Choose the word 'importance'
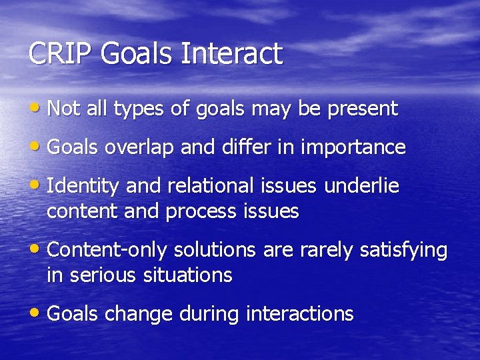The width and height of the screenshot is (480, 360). coord(353,147)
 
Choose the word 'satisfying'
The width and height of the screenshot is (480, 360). coord(403,251)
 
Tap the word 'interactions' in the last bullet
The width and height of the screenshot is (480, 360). coord(300,313)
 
